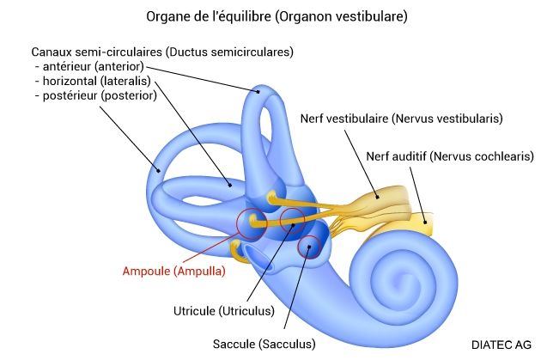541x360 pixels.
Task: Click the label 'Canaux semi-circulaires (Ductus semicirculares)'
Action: (x=162, y=52)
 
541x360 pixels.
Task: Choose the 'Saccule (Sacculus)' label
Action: (x=264, y=344)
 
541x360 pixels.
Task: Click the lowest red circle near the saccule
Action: (x=309, y=247)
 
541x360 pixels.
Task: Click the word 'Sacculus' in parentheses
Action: (x=289, y=344)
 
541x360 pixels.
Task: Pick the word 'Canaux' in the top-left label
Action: (x=50, y=52)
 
